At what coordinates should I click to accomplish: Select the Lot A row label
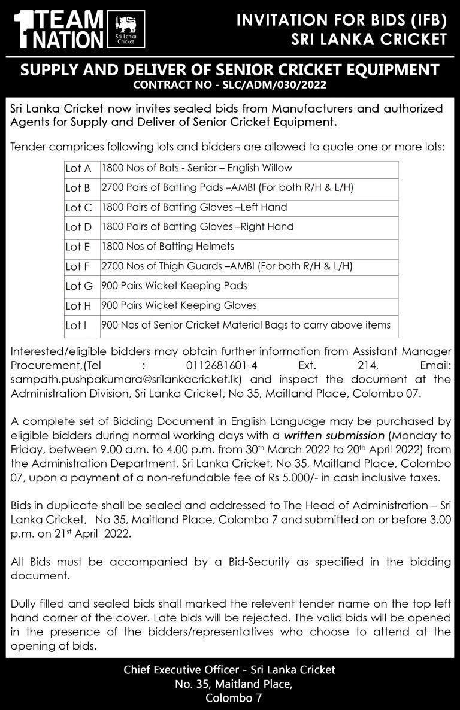(78, 169)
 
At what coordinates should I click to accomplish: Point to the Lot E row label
(78, 247)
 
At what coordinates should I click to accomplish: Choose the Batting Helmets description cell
(168, 246)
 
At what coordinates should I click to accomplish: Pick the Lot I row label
(78, 326)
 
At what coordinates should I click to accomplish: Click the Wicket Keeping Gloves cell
(179, 305)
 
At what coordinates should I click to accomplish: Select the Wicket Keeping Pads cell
(174, 286)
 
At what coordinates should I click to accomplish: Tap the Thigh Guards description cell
(226, 266)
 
